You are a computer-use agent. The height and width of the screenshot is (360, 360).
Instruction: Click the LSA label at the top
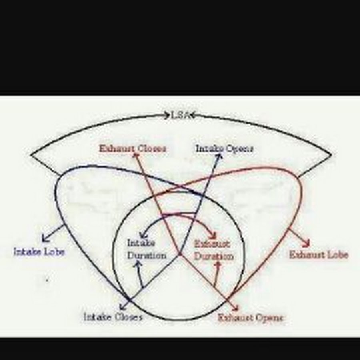(x=180, y=115)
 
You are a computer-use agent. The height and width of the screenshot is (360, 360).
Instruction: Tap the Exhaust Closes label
(x=132, y=149)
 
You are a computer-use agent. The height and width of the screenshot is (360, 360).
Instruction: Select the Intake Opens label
(x=224, y=149)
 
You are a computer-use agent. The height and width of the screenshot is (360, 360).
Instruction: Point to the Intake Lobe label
(x=39, y=252)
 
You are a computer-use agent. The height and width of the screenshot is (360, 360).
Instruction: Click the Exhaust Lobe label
(x=319, y=254)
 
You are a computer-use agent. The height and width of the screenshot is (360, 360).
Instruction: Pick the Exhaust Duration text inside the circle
(x=213, y=250)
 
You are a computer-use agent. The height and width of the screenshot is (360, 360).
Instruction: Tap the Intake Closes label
(x=113, y=317)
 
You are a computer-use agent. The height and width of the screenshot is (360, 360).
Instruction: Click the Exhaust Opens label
(x=251, y=318)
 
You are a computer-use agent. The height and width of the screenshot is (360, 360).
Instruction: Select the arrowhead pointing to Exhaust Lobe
(x=307, y=244)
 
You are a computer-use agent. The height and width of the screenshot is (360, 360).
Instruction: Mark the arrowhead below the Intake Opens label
(x=219, y=156)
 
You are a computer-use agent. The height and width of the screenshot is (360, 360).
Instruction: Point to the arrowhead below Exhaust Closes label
(x=135, y=156)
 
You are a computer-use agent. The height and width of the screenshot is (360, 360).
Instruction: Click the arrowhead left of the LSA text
(x=167, y=116)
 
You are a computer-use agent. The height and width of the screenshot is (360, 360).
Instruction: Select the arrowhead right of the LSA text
(x=192, y=116)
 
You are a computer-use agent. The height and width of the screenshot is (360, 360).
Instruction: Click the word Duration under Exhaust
(x=214, y=256)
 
